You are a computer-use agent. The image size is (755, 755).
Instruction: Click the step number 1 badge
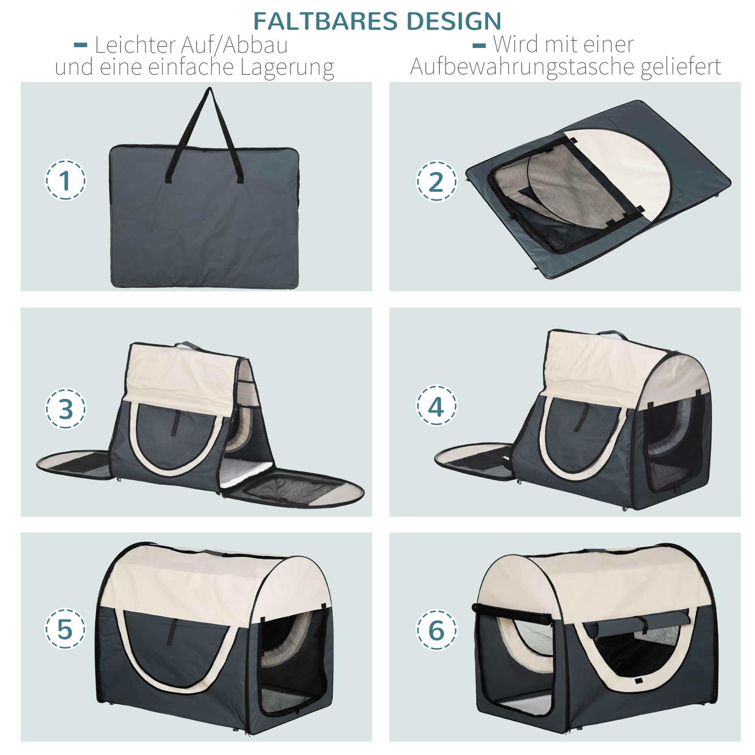click(x=65, y=180)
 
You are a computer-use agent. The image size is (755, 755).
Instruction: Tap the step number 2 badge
click(x=436, y=181)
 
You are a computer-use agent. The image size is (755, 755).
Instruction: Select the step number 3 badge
click(x=65, y=409)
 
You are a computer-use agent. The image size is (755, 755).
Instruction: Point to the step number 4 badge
click(x=436, y=406)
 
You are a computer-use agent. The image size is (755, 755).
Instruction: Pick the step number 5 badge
click(x=65, y=629)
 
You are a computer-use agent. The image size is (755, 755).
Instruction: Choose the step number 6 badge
click(x=436, y=630)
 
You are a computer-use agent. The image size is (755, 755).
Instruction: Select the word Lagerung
click(x=287, y=68)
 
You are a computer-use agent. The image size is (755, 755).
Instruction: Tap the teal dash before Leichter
click(x=80, y=45)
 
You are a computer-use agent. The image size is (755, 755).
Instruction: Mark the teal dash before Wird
click(x=479, y=45)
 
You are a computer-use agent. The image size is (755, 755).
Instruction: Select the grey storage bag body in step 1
click(x=204, y=217)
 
